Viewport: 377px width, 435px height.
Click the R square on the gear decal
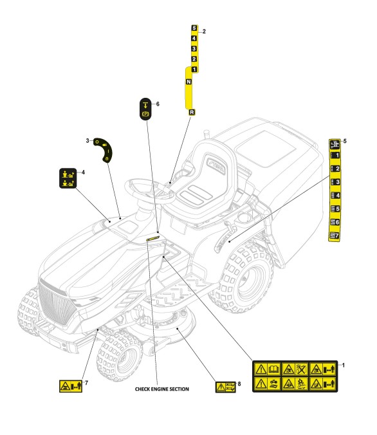coord(192,113)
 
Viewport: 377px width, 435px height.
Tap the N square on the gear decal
coord(188,82)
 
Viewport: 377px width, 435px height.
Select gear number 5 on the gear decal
coord(194,28)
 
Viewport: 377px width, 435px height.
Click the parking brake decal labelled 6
coord(145,109)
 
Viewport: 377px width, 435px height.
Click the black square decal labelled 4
coord(68,178)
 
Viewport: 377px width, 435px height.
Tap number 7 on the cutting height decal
coord(335,236)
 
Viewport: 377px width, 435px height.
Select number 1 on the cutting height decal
coord(335,155)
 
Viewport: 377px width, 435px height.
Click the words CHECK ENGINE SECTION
coord(162,389)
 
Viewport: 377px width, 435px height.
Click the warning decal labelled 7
coord(71,386)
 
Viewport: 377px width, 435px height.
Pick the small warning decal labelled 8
coord(226,387)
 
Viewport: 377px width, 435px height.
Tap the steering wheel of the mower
coord(150,191)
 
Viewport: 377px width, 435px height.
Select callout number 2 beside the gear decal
coord(204,32)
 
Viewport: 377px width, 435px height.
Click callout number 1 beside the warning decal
coord(343,365)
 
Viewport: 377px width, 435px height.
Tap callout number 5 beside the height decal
coord(345,141)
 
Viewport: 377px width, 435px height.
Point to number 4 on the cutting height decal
coord(335,196)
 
